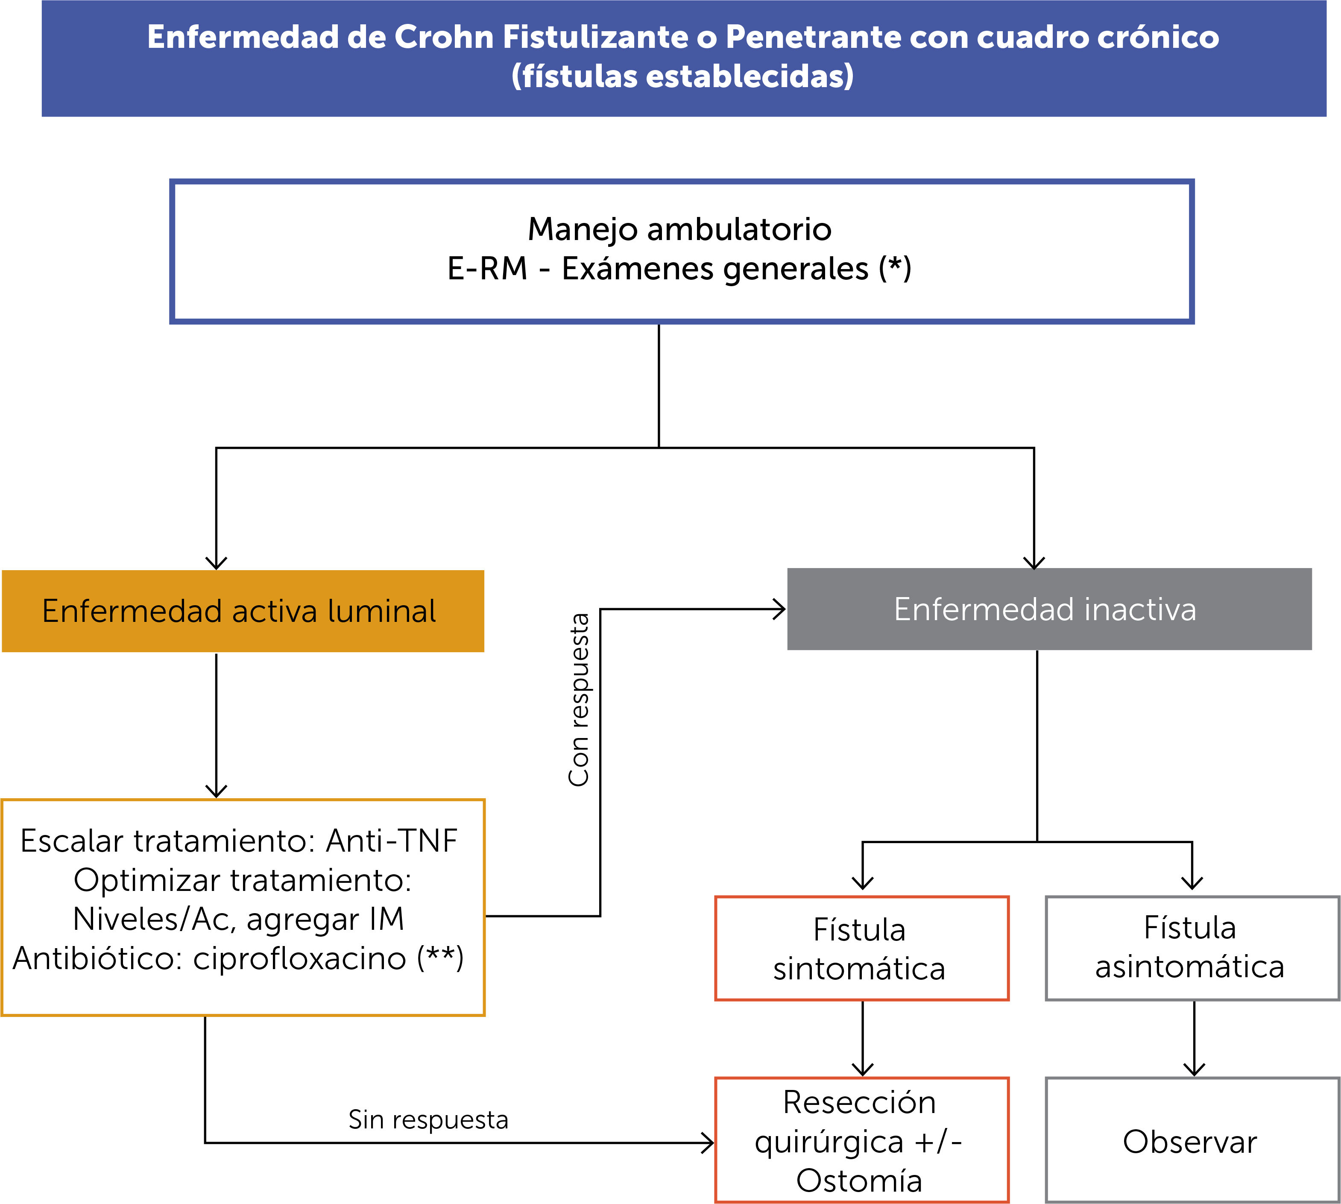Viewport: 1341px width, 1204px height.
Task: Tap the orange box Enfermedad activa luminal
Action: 243,611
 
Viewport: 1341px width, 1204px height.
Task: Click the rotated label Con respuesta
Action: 579,700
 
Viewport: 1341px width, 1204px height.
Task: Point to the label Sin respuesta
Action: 428,1120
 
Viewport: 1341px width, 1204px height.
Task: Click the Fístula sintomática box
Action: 861,949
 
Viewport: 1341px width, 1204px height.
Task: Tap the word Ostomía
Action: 859,1181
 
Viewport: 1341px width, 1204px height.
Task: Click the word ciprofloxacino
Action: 299,958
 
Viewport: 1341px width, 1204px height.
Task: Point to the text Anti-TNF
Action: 392,841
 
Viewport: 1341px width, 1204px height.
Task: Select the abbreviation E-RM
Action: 487,269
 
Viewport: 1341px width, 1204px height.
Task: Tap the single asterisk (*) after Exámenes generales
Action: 894,269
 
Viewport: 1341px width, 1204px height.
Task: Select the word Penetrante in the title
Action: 812,37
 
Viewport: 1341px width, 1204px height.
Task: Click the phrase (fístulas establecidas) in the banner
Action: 682,76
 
